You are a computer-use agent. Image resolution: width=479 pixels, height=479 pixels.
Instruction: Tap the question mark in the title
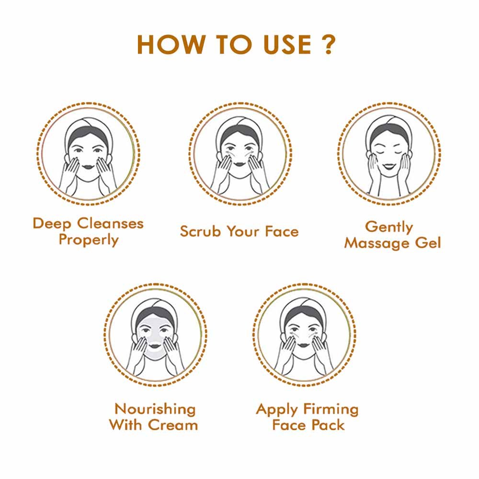click(328, 45)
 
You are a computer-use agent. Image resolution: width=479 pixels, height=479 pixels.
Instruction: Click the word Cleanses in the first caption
click(111, 223)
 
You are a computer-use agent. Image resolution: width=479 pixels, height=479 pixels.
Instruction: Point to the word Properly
click(88, 239)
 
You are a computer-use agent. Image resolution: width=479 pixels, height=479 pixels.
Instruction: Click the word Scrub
click(201, 231)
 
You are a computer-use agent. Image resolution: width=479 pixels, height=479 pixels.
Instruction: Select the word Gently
click(388, 227)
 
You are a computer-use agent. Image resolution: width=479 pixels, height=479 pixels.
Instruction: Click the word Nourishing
click(155, 409)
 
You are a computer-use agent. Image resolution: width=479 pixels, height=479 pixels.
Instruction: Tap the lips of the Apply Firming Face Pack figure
click(305, 347)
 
